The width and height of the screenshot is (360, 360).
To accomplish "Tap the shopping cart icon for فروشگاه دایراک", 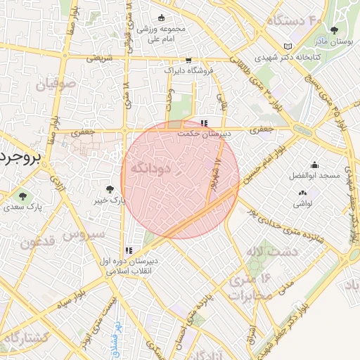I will click(x=188, y=60).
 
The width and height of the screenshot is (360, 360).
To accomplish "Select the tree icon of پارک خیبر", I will click(x=110, y=188).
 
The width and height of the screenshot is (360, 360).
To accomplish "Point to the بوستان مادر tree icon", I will click(x=335, y=30).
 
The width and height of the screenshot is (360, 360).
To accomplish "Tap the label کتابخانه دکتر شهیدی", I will click(x=317, y=55).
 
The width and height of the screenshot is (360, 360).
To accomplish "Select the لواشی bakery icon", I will click(x=303, y=193).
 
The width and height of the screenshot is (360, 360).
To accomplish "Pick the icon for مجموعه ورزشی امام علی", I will click(x=162, y=18).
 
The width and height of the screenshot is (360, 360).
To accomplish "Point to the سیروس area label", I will click(x=83, y=233).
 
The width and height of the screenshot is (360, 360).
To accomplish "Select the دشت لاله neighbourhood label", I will click(x=278, y=250).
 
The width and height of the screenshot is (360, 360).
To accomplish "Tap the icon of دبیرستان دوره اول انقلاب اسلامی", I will click(x=128, y=250).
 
